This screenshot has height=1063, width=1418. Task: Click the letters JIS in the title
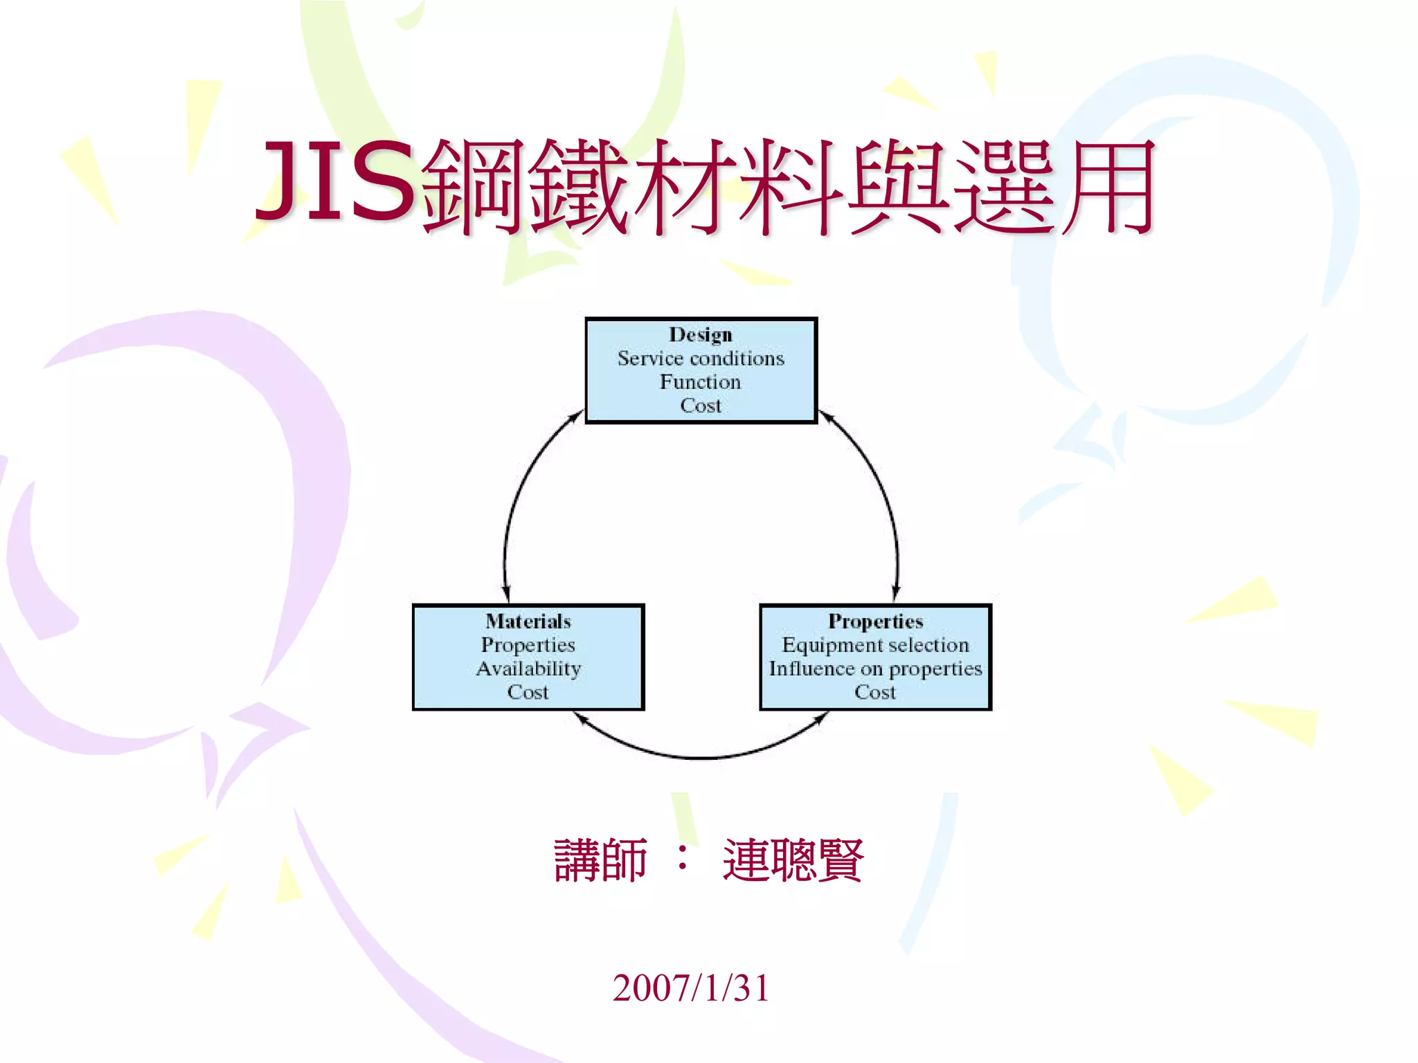pos(336,181)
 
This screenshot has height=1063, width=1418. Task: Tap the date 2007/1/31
pos(690,988)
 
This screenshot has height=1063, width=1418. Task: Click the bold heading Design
pos(700,335)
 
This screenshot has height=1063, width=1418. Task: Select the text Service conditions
pos(701,358)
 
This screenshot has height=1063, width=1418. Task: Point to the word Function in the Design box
pos(700,382)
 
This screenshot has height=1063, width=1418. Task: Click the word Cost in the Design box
pos(700,406)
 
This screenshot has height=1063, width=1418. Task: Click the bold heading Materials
pos(528,621)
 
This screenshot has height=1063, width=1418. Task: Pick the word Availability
pos(528,669)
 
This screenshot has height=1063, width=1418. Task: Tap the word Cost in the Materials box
pos(528,692)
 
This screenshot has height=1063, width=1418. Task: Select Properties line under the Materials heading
pos(528,645)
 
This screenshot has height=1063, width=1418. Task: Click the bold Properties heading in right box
pos(875,621)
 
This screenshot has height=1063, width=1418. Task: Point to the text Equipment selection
pos(875,645)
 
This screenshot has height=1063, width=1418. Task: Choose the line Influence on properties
pos(875,669)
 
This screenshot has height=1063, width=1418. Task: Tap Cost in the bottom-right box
pos(875,692)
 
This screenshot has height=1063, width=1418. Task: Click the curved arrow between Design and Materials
pos(516,498)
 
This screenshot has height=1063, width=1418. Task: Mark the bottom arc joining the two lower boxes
pos(701,757)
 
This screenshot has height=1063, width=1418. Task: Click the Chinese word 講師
pos(600,860)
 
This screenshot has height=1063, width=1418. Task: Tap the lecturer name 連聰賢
pos(793,860)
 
